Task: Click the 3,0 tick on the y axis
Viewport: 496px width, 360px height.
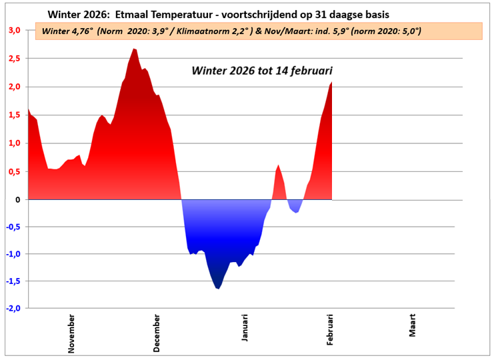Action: click(14, 30)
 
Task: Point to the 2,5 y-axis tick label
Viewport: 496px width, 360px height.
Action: click(14, 59)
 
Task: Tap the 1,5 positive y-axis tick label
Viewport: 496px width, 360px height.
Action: click(14, 115)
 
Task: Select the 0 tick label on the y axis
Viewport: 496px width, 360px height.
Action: click(17, 199)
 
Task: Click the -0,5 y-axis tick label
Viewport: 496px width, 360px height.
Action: click(13, 227)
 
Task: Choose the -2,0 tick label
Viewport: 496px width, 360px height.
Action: click(13, 309)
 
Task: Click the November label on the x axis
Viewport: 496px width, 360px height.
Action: click(72, 332)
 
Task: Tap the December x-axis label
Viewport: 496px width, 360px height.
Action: click(157, 332)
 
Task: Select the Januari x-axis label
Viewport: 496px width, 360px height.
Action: click(245, 329)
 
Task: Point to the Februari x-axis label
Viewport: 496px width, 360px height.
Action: click(330, 330)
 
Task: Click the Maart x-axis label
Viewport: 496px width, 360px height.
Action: click(413, 326)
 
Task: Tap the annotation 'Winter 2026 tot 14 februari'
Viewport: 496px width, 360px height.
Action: click(261, 70)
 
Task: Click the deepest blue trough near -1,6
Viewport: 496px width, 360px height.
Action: click(217, 288)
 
